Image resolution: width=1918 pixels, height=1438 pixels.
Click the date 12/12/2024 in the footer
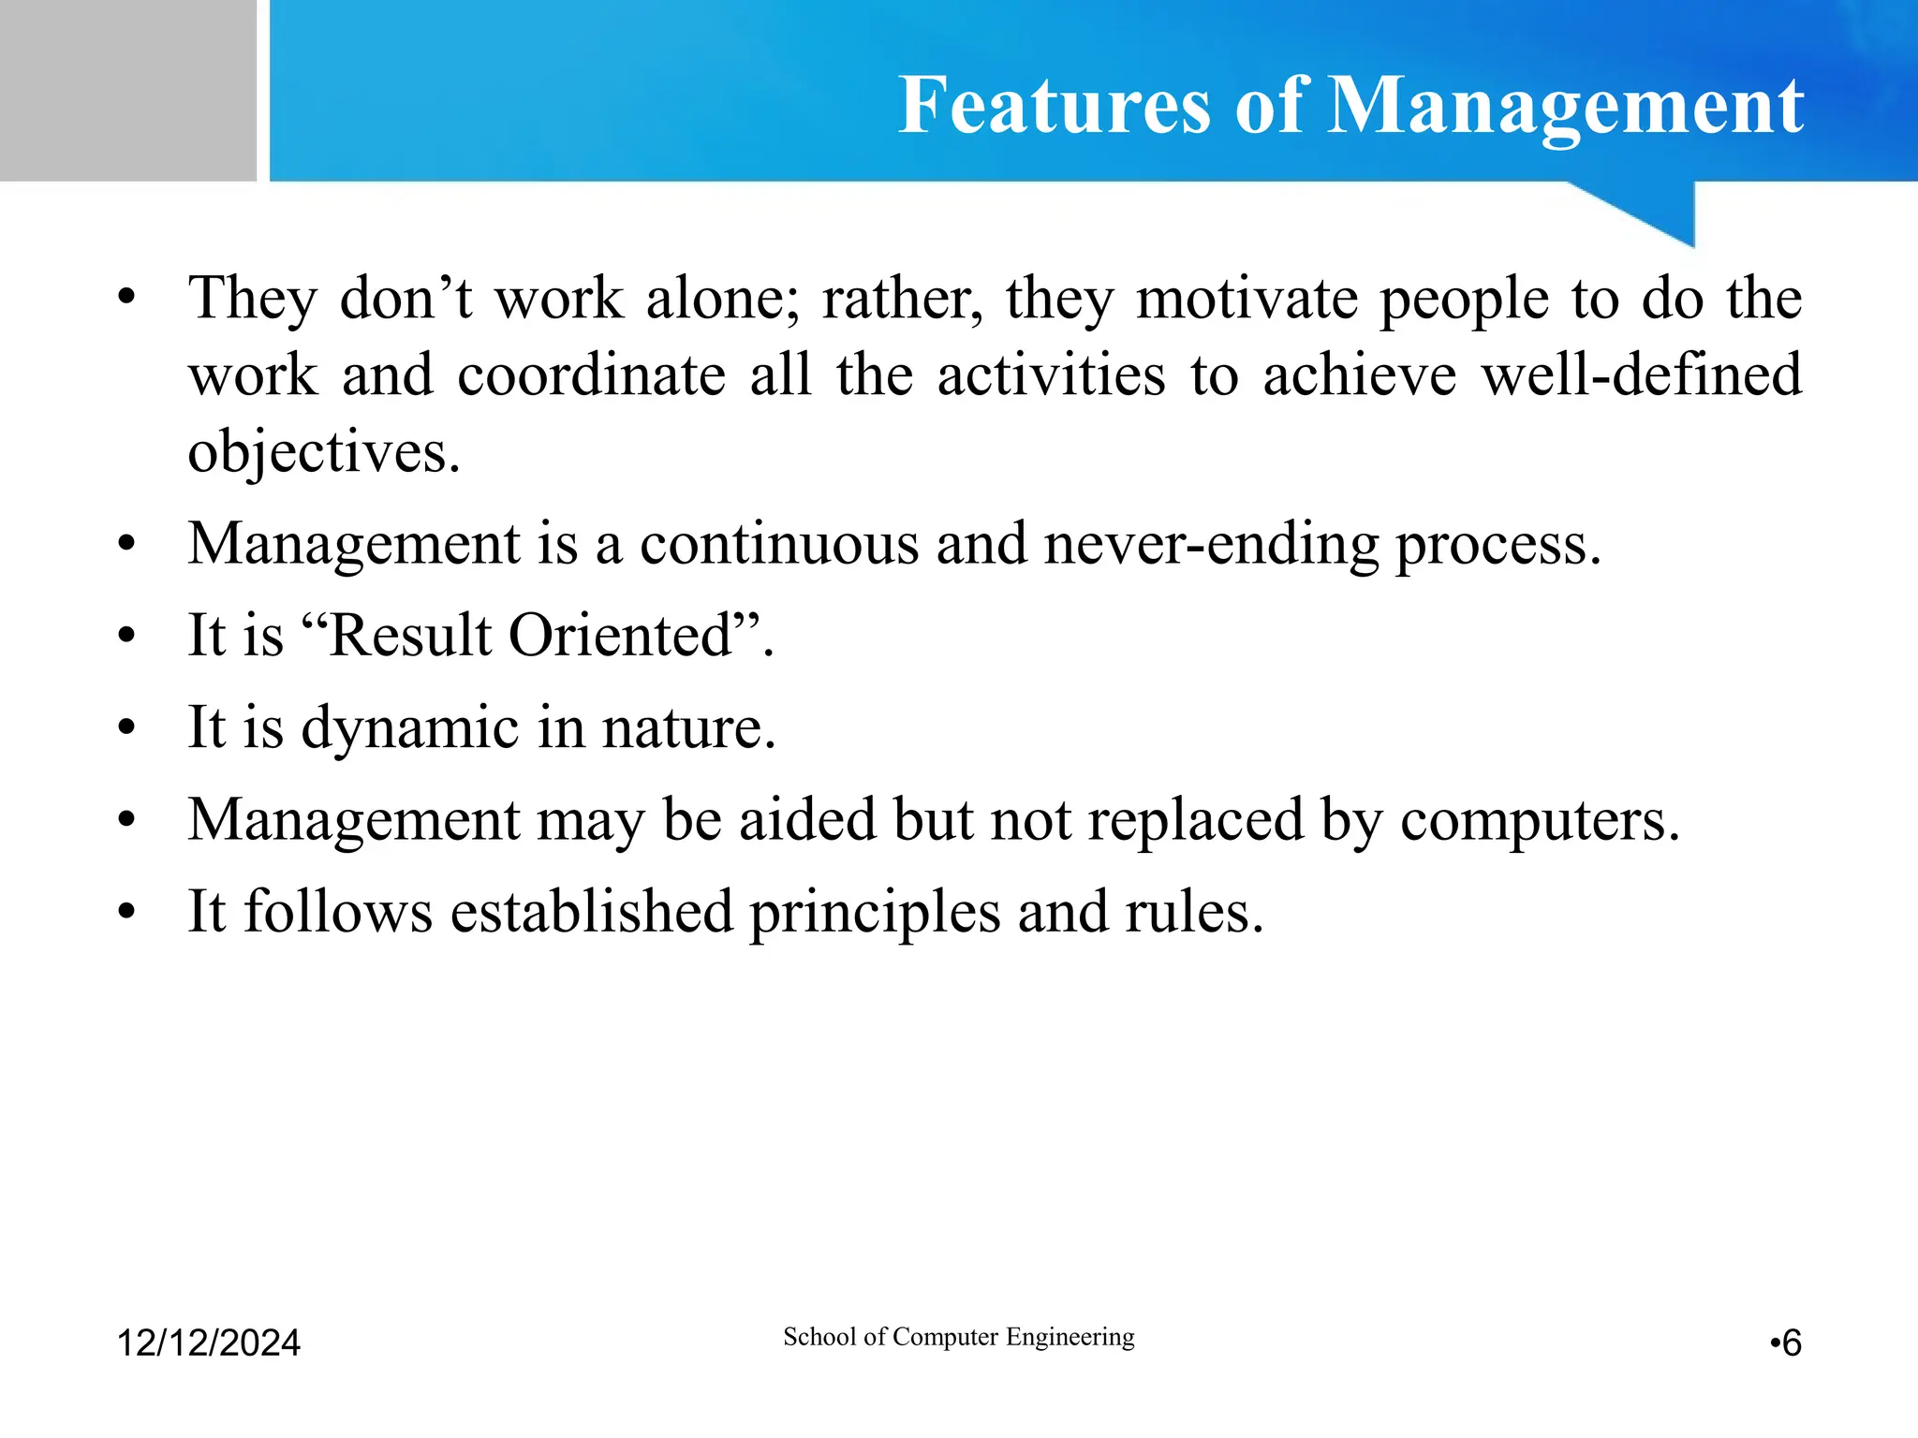pyautogui.click(x=208, y=1343)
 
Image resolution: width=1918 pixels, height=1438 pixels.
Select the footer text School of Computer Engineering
pyautogui.click(x=958, y=1336)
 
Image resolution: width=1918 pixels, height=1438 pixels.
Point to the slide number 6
pyautogui.click(x=1791, y=1343)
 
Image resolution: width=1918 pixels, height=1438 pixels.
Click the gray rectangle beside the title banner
pyautogui.click(x=127, y=90)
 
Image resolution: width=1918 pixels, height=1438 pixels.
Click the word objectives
pyautogui.click(x=323, y=453)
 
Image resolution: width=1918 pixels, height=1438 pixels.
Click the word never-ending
pyautogui.click(x=1211, y=544)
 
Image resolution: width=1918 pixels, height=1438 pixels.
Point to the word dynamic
pyautogui.click(x=409, y=728)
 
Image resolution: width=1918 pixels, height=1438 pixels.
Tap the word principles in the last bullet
pyautogui.click(x=875, y=912)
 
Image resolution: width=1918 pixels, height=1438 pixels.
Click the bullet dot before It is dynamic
pyautogui.click(x=127, y=728)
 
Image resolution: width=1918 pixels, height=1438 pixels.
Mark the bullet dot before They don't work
pyautogui.click(x=127, y=300)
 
